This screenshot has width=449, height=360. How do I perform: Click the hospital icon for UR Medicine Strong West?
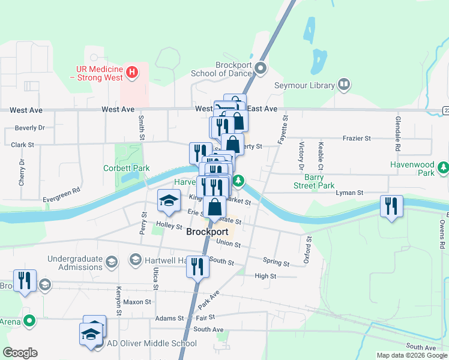(x=133, y=73)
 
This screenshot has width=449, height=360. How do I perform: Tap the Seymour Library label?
(x=304, y=85)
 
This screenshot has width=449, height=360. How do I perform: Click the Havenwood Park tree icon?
(x=443, y=166)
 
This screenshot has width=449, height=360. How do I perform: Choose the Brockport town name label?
(x=207, y=232)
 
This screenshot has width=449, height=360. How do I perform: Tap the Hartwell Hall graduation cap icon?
(x=135, y=260)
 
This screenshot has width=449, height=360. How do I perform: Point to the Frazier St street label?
(x=357, y=138)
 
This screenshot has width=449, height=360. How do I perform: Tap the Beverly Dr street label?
(x=30, y=128)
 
